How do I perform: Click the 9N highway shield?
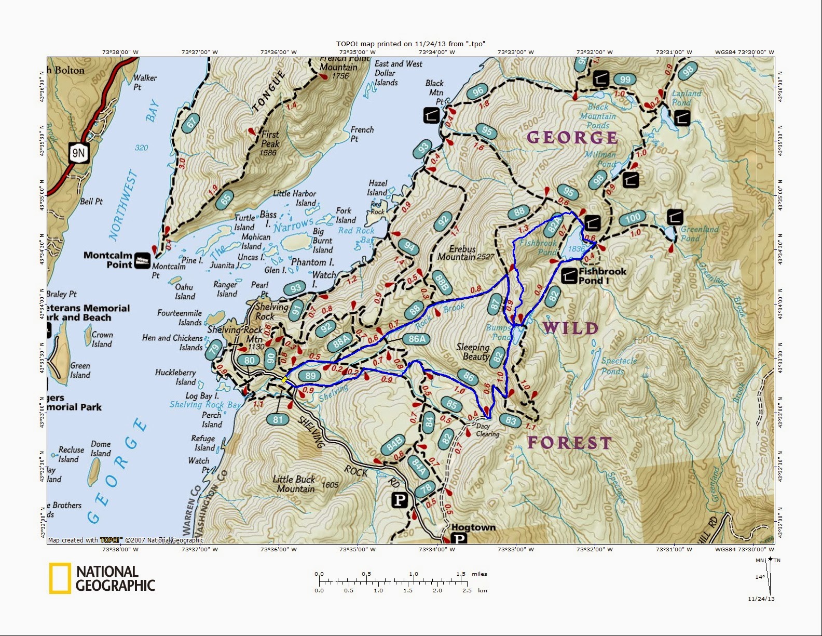[x=78, y=153]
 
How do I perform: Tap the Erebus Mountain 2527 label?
[x=465, y=253]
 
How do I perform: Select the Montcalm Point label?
[x=108, y=260]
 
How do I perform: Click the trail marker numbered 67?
[x=191, y=123]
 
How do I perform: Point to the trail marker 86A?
[x=417, y=339]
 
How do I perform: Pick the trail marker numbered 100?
[x=633, y=218]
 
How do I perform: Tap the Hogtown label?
[x=473, y=527]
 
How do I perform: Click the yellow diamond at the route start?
[x=284, y=380]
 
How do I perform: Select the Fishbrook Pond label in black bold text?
[x=602, y=276]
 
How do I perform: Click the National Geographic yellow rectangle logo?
[x=60, y=578]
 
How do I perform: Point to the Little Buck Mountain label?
[x=295, y=484]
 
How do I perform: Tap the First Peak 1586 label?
[x=269, y=143]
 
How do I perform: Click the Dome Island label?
[x=101, y=448]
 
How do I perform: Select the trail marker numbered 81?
[x=278, y=419]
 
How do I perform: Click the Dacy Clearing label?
[x=487, y=430]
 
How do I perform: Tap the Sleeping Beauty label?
[x=473, y=352]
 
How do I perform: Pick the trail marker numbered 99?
[x=625, y=79]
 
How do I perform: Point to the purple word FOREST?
[x=569, y=443]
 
